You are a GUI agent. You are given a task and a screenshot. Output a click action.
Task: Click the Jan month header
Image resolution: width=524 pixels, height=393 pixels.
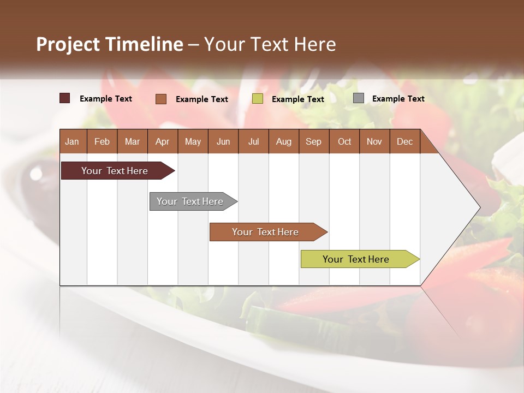click(x=72, y=141)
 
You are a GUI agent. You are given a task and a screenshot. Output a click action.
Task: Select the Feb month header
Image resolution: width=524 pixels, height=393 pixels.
click(x=102, y=141)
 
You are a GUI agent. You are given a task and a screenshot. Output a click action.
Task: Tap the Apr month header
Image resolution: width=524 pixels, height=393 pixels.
click(x=162, y=141)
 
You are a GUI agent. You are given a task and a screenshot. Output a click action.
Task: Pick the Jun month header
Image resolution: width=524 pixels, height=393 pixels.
click(x=223, y=141)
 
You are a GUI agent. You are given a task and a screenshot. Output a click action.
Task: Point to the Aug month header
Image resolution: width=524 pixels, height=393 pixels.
click(x=283, y=141)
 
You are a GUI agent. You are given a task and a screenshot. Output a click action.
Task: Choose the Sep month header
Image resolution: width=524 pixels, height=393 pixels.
click(x=313, y=141)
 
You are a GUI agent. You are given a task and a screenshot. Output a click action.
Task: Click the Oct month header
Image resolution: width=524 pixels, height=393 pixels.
click(x=344, y=141)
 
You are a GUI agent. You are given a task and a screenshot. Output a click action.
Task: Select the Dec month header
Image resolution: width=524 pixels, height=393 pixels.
click(x=404, y=141)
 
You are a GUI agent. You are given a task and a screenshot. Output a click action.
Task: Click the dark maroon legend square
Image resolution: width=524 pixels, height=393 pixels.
click(x=65, y=98)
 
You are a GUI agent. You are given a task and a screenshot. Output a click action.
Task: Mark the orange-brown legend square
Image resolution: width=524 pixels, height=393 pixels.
click(x=161, y=99)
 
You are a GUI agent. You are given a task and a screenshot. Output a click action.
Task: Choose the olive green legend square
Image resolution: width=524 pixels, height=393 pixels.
click(x=258, y=99)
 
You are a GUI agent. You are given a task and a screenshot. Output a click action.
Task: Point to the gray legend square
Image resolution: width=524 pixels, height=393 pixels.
click(x=359, y=98)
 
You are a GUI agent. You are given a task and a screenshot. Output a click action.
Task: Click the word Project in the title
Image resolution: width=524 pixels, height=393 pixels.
click(x=68, y=44)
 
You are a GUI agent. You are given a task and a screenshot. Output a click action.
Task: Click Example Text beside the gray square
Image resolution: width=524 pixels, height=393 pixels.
click(x=398, y=99)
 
